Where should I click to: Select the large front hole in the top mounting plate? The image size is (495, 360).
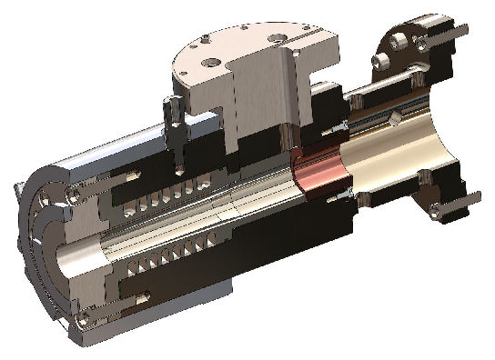coord(212,63)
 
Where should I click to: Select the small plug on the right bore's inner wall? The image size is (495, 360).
coord(394,119)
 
